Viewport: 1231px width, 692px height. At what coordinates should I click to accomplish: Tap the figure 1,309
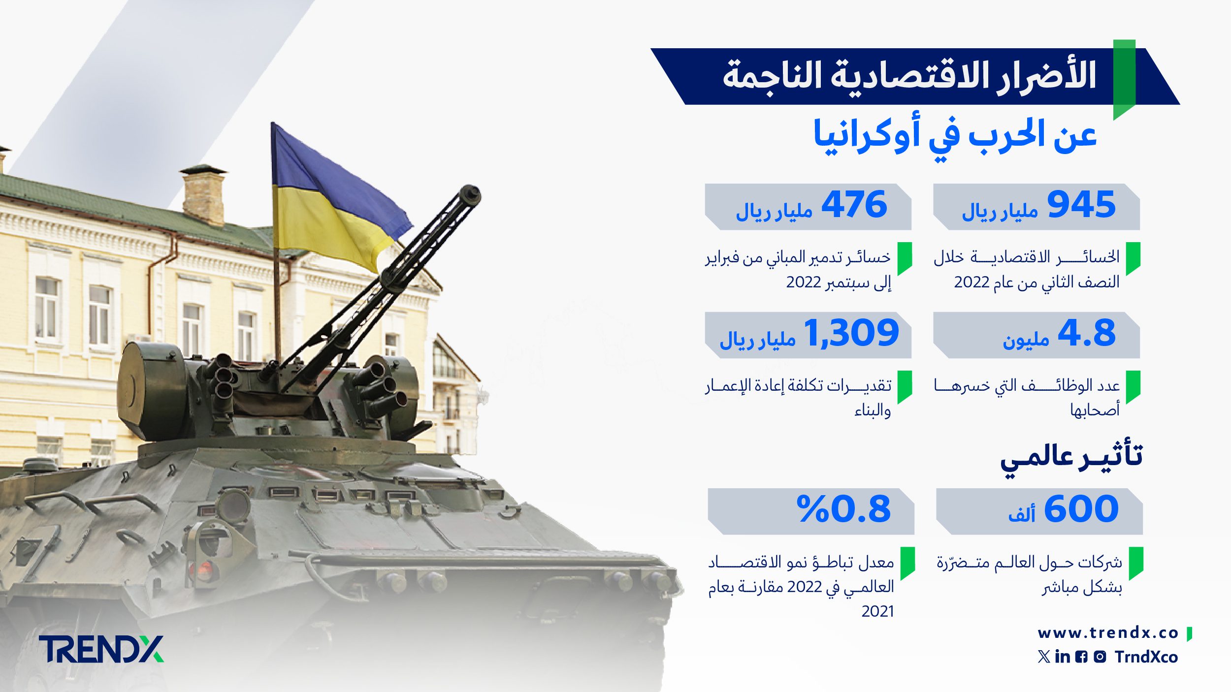851,333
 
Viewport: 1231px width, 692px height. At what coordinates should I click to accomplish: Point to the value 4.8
1086,333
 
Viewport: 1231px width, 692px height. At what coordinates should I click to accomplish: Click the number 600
1081,509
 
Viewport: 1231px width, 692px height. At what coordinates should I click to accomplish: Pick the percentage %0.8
843,509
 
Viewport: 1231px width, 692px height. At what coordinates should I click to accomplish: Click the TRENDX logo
101,649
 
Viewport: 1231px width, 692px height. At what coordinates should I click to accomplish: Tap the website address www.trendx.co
1108,633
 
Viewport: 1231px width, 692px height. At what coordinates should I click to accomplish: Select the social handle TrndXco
1146,657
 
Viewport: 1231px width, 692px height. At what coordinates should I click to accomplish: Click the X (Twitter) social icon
1044,657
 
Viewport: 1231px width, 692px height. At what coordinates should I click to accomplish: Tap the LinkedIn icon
1063,657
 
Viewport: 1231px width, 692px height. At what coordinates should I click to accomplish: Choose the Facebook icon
1081,657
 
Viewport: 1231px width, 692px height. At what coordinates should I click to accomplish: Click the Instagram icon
1100,657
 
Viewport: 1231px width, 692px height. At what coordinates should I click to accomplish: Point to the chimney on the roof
203,195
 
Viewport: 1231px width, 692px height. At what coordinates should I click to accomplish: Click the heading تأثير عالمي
1071,459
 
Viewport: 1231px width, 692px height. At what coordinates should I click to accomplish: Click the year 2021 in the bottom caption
877,611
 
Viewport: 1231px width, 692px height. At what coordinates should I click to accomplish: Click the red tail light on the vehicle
205,570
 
